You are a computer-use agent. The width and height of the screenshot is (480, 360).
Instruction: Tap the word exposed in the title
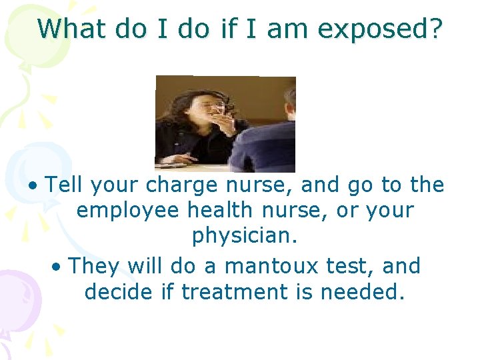click(x=382, y=29)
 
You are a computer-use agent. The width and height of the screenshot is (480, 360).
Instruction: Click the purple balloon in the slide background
click(x=17, y=293)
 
